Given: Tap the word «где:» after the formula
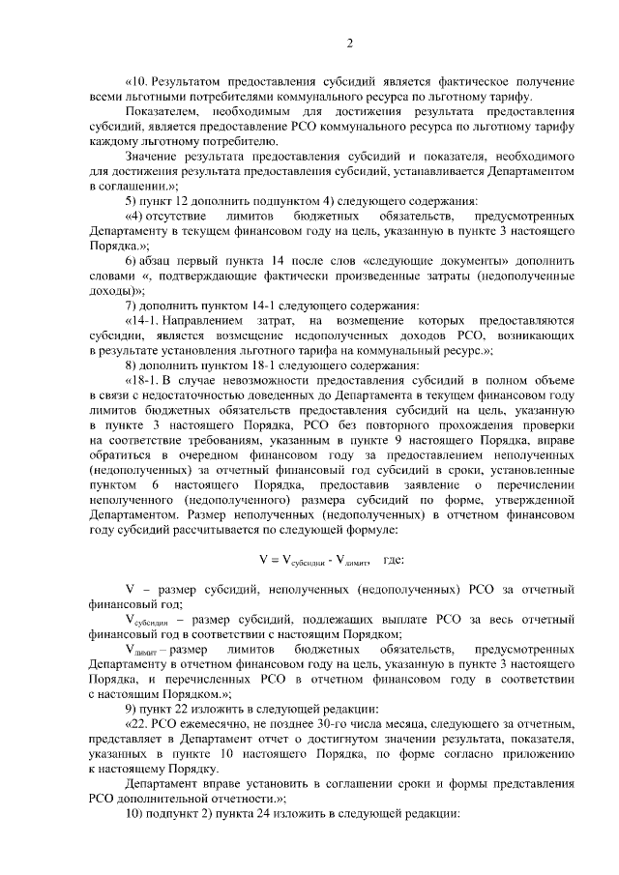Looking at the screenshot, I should [400, 560].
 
